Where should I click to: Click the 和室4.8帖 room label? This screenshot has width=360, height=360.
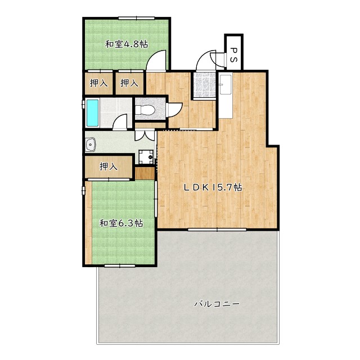127,44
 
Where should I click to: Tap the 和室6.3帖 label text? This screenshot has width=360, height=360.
121,223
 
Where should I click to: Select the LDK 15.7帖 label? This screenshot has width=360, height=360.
213,188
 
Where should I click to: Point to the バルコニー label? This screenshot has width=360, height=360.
217,304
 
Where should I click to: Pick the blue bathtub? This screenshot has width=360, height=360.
92,113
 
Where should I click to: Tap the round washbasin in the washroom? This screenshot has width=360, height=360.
91,145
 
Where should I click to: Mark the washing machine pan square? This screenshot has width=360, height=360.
146,157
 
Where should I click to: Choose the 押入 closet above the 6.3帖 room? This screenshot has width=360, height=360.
108,166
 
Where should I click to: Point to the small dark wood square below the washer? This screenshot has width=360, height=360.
145,173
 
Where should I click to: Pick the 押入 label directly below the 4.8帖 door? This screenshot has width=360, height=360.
129,83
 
